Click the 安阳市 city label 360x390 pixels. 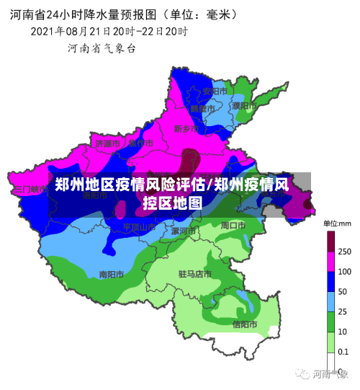[214, 92]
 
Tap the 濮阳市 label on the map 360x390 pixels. [245, 106]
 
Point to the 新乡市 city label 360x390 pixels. [186, 128]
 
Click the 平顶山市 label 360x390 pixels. [138, 226]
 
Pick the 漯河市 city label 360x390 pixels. [184, 231]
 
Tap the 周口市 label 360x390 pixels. [233, 225]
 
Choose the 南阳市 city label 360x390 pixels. [112, 274]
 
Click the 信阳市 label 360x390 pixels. [246, 324]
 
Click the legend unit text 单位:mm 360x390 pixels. [336, 223]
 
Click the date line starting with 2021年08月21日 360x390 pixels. [109, 32]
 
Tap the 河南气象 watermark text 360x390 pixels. [328, 374]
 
